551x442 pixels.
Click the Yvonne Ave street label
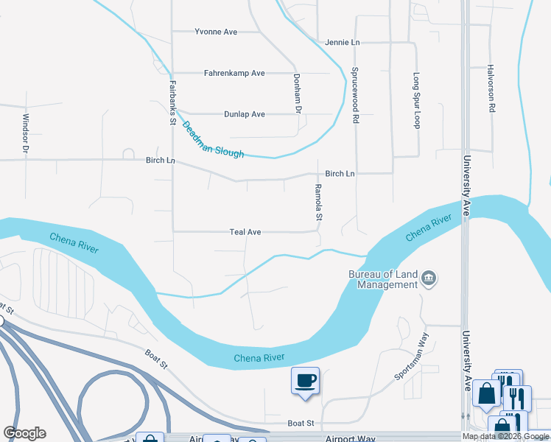tap(215, 32)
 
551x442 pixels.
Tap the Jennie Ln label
tap(343, 43)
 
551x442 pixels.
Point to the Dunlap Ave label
tap(244, 114)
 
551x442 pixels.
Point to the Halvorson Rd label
tap(491, 88)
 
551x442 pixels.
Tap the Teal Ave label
tap(245, 232)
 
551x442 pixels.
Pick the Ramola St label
tap(319, 203)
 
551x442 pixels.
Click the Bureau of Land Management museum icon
tap(429, 278)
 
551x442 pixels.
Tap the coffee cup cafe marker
tap(305, 381)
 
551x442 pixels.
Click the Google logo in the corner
tap(24, 433)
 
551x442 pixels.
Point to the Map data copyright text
tap(505, 436)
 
